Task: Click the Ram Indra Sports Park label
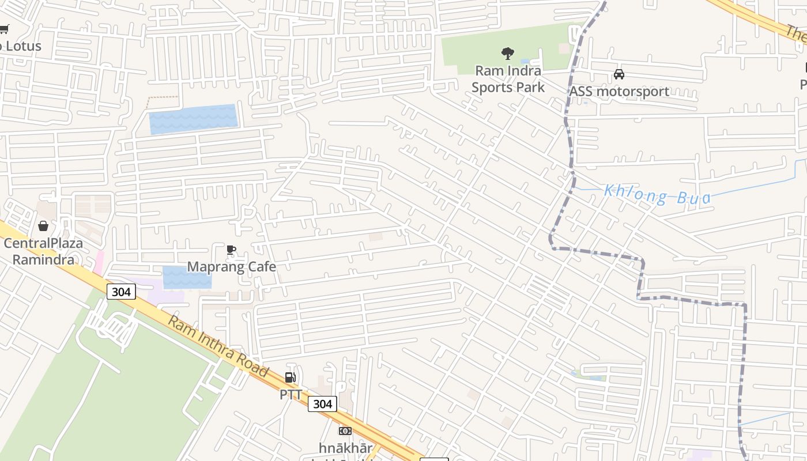click(x=508, y=79)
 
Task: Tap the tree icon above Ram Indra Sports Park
click(x=508, y=54)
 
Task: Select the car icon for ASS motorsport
click(x=619, y=74)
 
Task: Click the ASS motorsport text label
click(x=619, y=91)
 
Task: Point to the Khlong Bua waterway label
click(x=657, y=195)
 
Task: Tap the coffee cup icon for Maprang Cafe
click(x=231, y=250)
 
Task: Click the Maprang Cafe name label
click(x=231, y=267)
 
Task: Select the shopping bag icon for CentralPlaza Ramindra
click(x=43, y=226)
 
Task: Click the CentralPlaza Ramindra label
click(x=43, y=251)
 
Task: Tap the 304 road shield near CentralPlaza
click(x=121, y=292)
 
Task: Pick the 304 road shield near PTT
click(x=322, y=404)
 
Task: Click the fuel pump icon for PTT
click(x=291, y=377)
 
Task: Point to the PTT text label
click(x=291, y=395)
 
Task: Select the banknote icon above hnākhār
click(x=345, y=431)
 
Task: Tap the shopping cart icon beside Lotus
click(x=3, y=29)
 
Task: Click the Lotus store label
click(x=22, y=46)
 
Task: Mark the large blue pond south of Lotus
click(x=193, y=119)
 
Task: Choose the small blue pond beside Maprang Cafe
click(x=186, y=277)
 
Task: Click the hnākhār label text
click(x=345, y=448)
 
